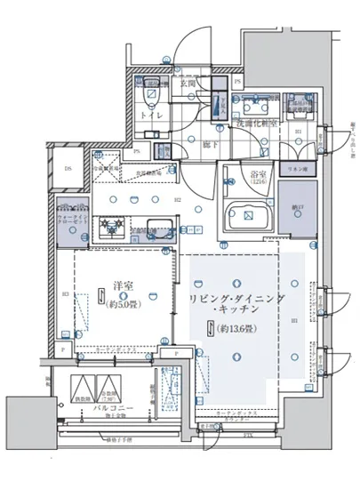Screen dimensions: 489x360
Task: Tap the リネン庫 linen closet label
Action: coord(295,168)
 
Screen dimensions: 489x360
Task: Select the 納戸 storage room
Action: coord(297,208)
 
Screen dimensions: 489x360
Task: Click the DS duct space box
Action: coord(68,167)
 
